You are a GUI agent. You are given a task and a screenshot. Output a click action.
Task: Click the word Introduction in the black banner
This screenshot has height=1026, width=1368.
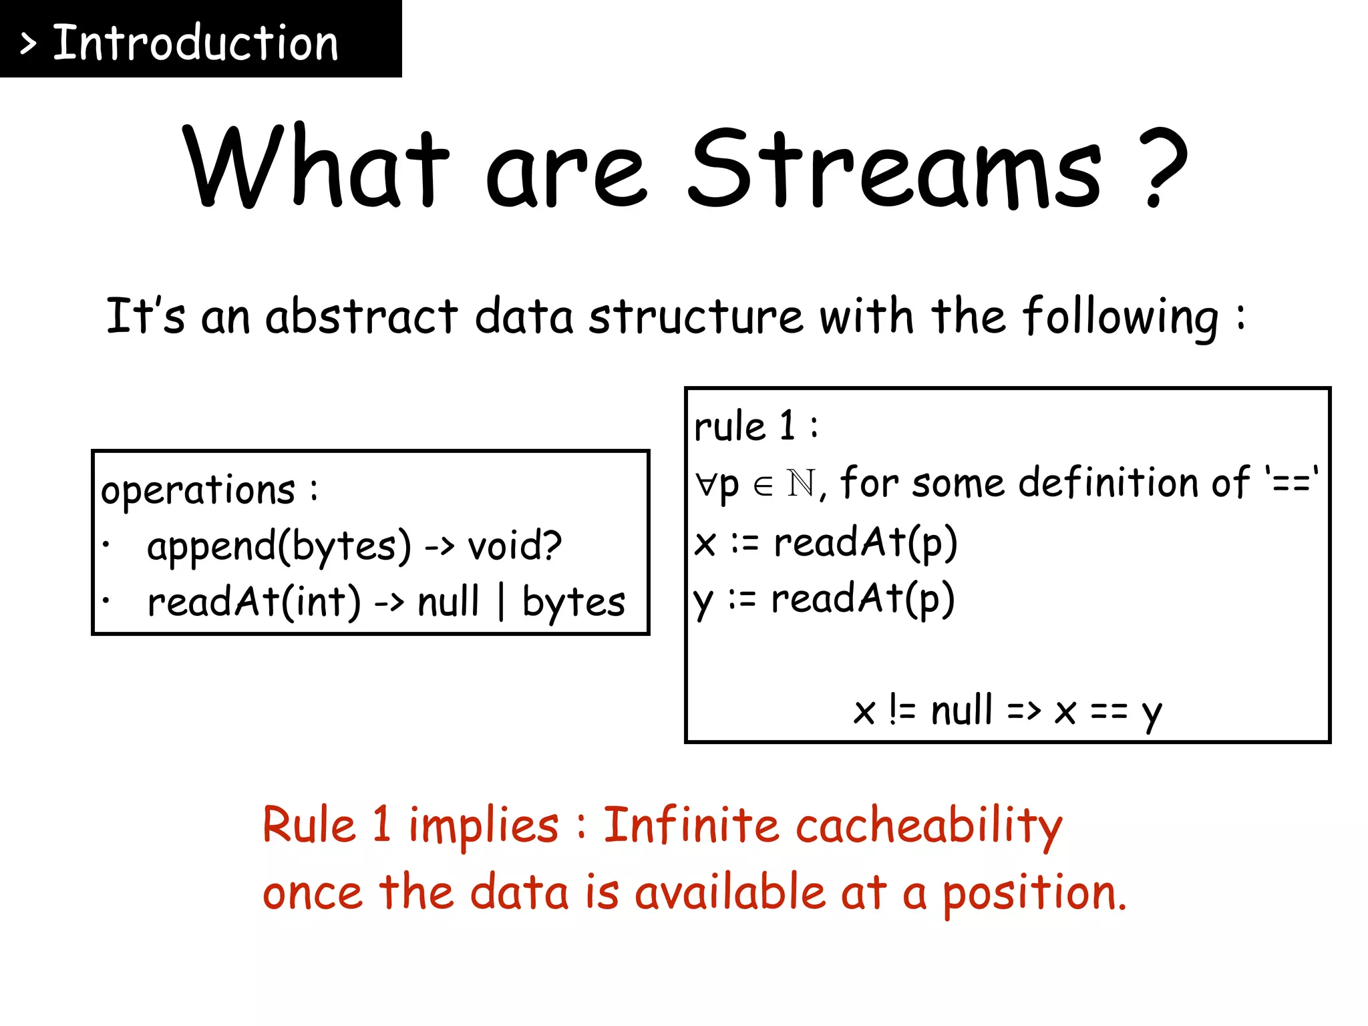195,43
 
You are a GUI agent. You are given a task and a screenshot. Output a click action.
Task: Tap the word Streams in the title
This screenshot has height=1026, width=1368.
894,168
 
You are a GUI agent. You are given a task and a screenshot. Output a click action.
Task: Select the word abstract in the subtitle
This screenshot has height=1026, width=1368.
361,316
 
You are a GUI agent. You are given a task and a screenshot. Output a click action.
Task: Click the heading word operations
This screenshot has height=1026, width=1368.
198,491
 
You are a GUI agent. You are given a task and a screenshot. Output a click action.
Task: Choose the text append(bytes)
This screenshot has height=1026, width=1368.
279,547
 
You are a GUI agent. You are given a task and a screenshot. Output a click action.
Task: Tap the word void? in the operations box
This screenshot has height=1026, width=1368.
515,546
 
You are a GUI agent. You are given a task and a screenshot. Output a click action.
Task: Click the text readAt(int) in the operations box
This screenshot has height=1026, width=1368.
254,602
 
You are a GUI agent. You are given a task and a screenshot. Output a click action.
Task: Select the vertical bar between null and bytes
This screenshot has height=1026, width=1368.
501,601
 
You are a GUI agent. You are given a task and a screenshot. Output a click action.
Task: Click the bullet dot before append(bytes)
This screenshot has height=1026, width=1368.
106,544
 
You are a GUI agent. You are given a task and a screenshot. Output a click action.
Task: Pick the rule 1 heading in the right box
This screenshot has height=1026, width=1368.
755,426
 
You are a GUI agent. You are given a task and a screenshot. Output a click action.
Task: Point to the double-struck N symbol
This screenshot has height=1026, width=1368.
801,483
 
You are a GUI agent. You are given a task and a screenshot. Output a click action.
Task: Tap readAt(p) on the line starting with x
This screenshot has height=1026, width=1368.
866,542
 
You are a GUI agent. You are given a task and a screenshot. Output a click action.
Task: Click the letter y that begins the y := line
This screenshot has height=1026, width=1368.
703,601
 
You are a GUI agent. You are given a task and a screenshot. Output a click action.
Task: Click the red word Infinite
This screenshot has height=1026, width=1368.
691,825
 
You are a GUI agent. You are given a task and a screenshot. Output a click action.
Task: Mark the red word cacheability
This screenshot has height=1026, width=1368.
928,826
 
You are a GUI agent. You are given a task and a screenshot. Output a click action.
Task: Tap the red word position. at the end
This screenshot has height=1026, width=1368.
1034,894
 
